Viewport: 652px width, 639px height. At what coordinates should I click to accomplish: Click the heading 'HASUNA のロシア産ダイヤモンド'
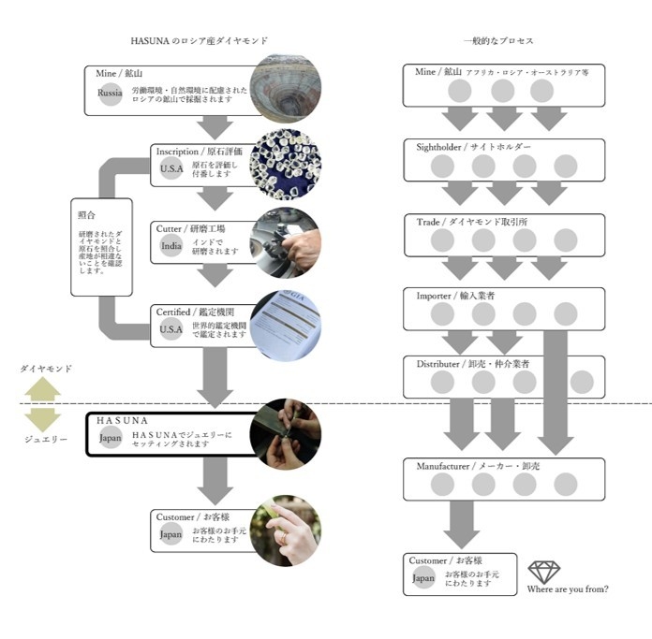click(x=199, y=41)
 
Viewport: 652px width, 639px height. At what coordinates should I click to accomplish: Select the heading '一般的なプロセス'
click(x=498, y=41)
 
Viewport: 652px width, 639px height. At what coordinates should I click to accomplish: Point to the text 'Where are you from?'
click(x=568, y=589)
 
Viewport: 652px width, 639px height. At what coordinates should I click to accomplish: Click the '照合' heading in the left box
click(x=86, y=214)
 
